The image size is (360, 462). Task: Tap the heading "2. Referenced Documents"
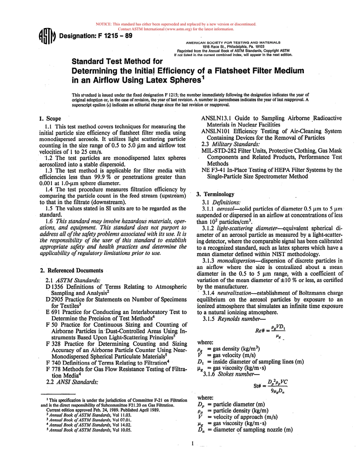tap(71, 271)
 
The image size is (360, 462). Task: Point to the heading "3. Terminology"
tap(215, 194)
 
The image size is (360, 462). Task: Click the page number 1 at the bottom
tap(193, 443)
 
